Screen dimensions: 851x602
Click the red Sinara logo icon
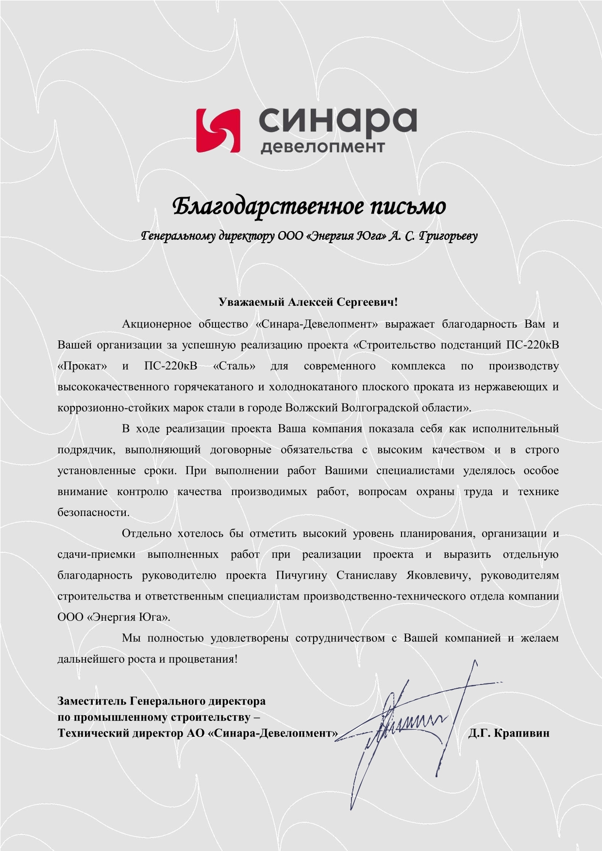tap(218, 130)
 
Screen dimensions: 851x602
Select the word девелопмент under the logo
tap(322, 146)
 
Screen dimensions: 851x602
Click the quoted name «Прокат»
tap(82, 366)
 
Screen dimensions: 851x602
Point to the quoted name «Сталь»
tap(234, 366)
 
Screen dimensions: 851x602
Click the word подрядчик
tap(86, 450)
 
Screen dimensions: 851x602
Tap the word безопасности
tap(93, 513)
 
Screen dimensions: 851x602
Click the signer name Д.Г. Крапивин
tap(509, 733)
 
